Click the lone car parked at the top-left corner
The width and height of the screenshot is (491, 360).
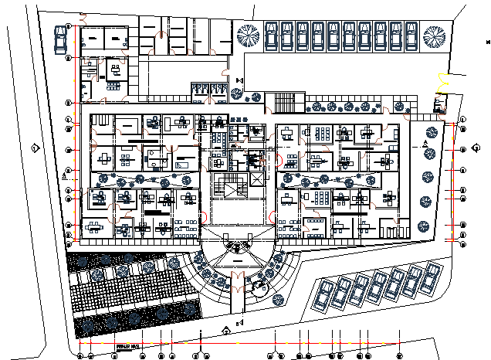[60, 40]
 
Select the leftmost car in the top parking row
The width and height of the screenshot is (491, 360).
[271, 36]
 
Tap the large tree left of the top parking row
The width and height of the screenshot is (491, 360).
[249, 35]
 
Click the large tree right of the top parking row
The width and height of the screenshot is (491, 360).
[432, 36]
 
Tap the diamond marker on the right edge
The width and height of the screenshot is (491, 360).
[475, 149]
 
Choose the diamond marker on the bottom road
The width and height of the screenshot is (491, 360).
[225, 331]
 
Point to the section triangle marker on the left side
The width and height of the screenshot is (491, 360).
[64, 176]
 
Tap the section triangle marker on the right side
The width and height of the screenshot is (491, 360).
[425, 145]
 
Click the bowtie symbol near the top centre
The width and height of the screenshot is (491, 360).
[240, 81]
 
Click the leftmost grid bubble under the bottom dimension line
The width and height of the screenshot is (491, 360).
[81, 356]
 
